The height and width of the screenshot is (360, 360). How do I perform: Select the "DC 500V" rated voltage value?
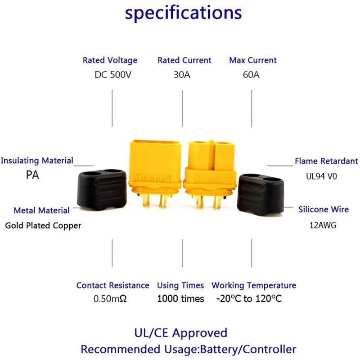[112, 75]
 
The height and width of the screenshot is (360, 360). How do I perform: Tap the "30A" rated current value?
[182, 75]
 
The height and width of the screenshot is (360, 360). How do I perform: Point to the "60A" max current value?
[251, 75]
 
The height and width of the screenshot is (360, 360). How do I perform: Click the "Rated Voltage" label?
[110, 60]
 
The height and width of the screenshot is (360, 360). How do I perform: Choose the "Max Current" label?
[253, 60]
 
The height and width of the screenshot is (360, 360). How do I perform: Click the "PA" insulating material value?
[32, 175]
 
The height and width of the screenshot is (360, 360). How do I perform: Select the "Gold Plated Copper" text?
[43, 225]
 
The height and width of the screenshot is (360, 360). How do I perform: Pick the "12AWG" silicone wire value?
[321, 225]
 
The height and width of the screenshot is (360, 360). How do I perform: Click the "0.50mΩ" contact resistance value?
[110, 299]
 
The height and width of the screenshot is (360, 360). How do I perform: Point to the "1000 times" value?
[180, 299]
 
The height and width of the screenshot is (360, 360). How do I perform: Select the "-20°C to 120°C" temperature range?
[249, 299]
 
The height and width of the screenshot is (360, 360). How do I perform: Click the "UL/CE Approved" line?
[181, 333]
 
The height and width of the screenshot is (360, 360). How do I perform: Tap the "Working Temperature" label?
[254, 285]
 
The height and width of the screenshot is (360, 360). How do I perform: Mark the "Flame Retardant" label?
[326, 161]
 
